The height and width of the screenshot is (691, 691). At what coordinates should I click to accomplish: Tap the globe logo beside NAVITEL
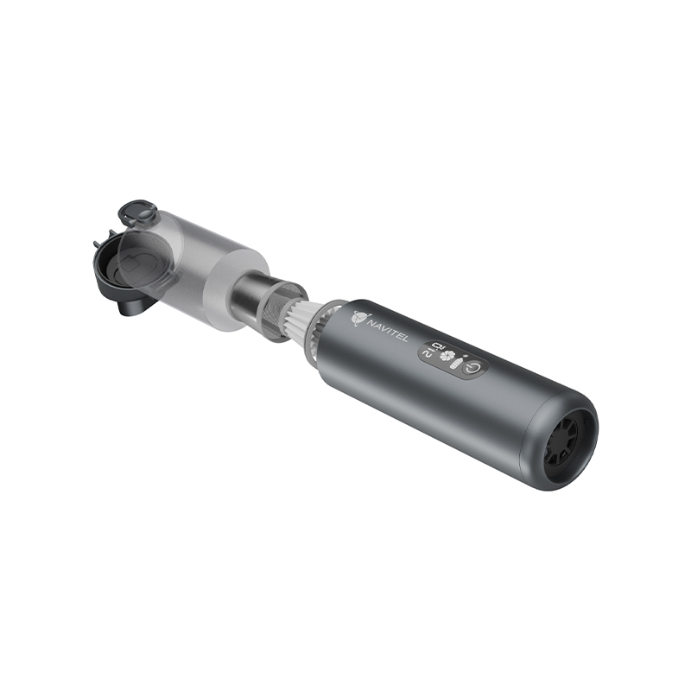coord(359,319)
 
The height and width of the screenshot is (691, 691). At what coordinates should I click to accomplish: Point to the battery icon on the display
coord(457,362)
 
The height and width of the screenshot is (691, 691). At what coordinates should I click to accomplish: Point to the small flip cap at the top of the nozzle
coord(139,213)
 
